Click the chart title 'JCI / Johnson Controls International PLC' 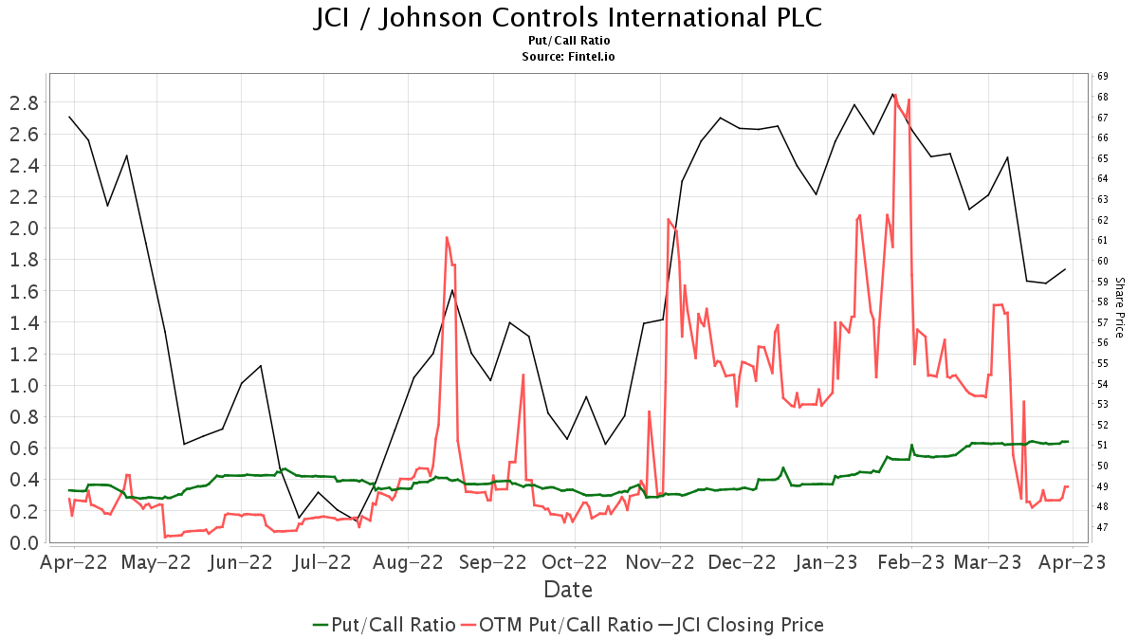(x=568, y=18)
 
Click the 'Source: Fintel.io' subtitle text (x=568, y=57)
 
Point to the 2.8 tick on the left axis (x=24, y=102)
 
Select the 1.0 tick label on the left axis (x=24, y=385)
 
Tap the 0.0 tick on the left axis (x=24, y=542)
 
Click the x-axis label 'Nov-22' (x=662, y=561)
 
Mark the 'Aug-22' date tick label (x=409, y=561)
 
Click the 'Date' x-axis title (x=568, y=590)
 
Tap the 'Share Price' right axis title (x=1119, y=307)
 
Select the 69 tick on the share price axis (x=1103, y=76)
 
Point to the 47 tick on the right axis (x=1103, y=527)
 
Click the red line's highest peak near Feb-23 (x=895, y=94)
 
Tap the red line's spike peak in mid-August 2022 (x=446, y=237)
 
